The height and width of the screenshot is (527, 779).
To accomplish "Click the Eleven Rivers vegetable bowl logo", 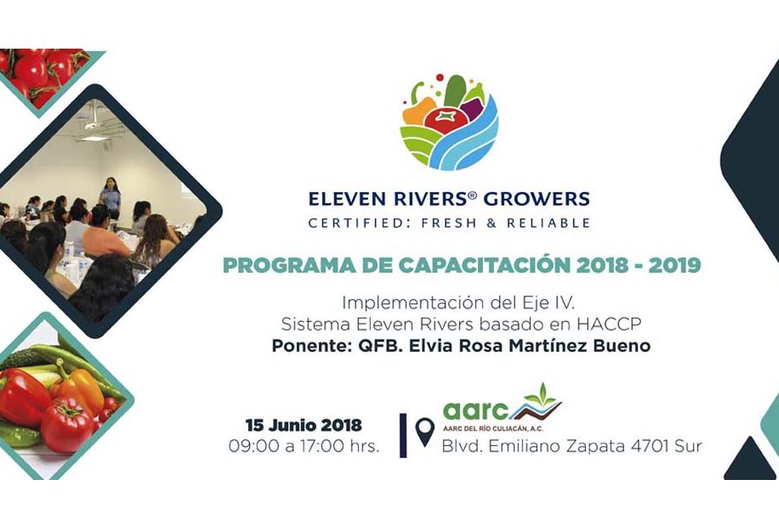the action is (x=449, y=122).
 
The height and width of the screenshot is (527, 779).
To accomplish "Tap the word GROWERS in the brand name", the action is (x=536, y=199).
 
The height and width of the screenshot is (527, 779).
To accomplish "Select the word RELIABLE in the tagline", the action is (x=548, y=223).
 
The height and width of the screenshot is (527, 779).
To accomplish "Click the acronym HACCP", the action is (x=609, y=324).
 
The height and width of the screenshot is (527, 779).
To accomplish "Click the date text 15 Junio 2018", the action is (x=303, y=426).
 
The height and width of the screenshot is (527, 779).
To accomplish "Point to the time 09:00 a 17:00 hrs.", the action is (x=303, y=446).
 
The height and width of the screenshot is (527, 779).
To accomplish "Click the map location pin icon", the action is (x=424, y=431).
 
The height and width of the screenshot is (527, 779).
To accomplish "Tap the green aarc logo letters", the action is (x=476, y=410).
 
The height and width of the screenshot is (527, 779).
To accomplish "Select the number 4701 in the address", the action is (x=650, y=446).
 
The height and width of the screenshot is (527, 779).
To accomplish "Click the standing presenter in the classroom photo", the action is (x=110, y=198).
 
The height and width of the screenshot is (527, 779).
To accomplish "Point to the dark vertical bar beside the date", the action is (x=403, y=435).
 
